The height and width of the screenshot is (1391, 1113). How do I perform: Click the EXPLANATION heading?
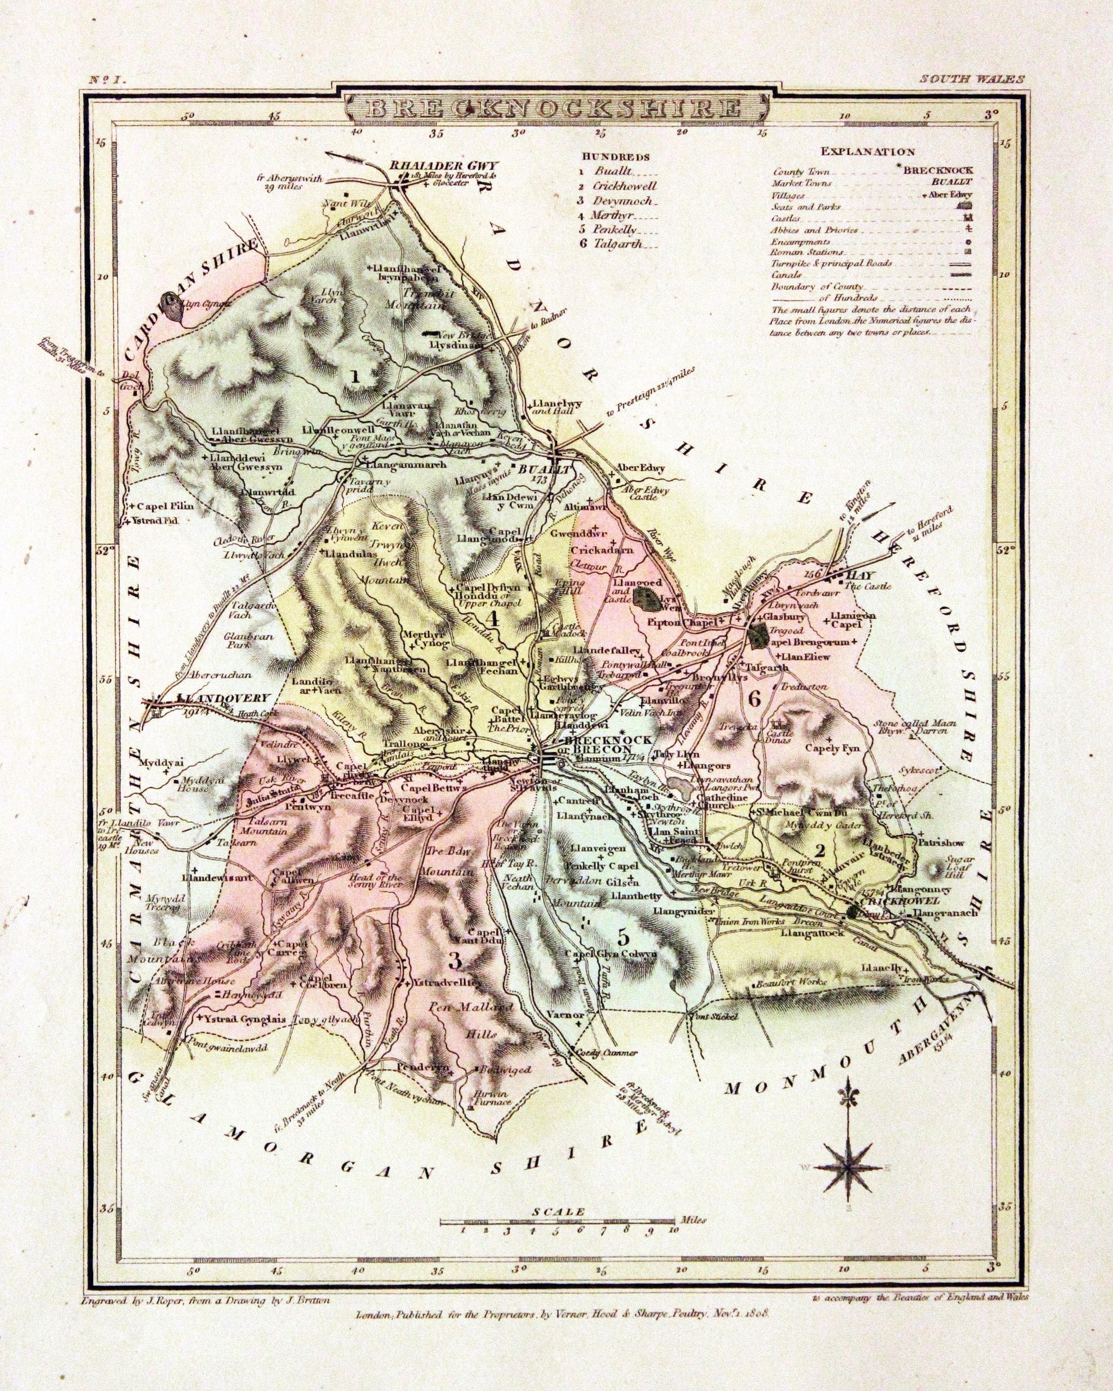867,152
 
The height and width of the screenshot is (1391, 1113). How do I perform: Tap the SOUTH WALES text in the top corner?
969,80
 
